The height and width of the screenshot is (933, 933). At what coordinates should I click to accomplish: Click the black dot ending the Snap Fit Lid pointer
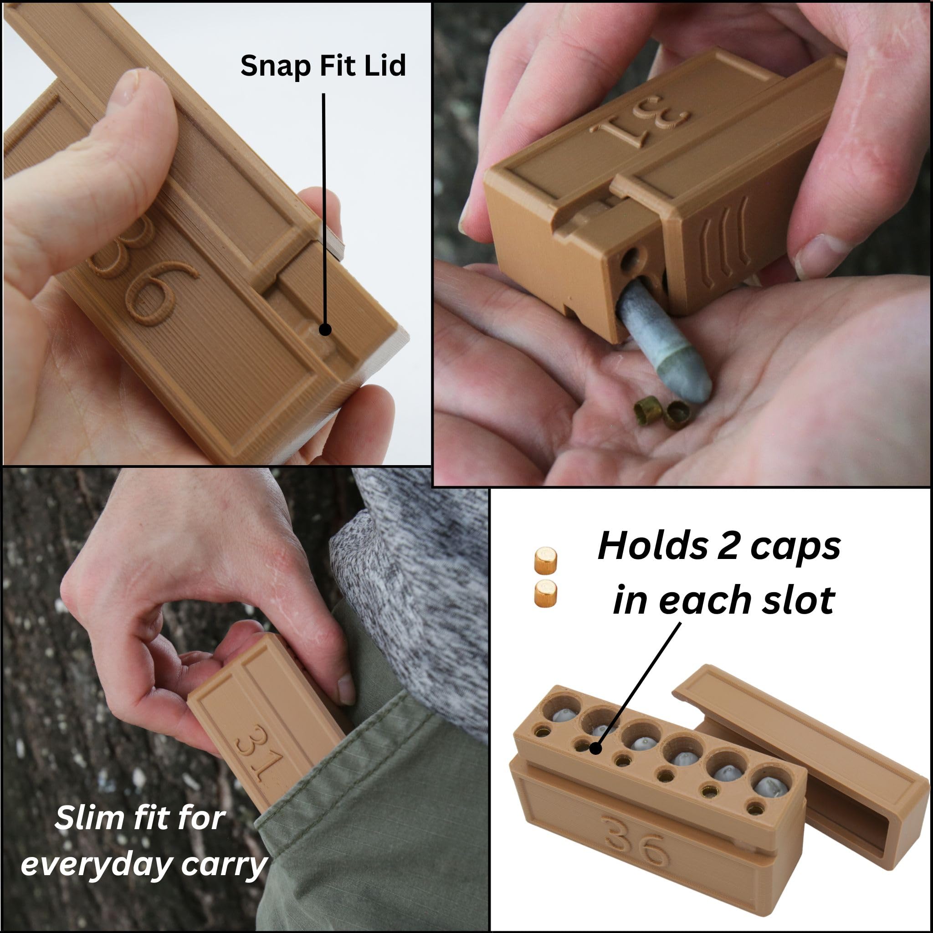click(x=325, y=330)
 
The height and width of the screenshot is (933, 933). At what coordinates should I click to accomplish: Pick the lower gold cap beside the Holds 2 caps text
click(x=545, y=593)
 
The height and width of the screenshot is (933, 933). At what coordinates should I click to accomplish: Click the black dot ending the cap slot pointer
click(x=595, y=748)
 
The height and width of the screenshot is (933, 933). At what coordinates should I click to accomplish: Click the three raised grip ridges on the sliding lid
click(x=724, y=241)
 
